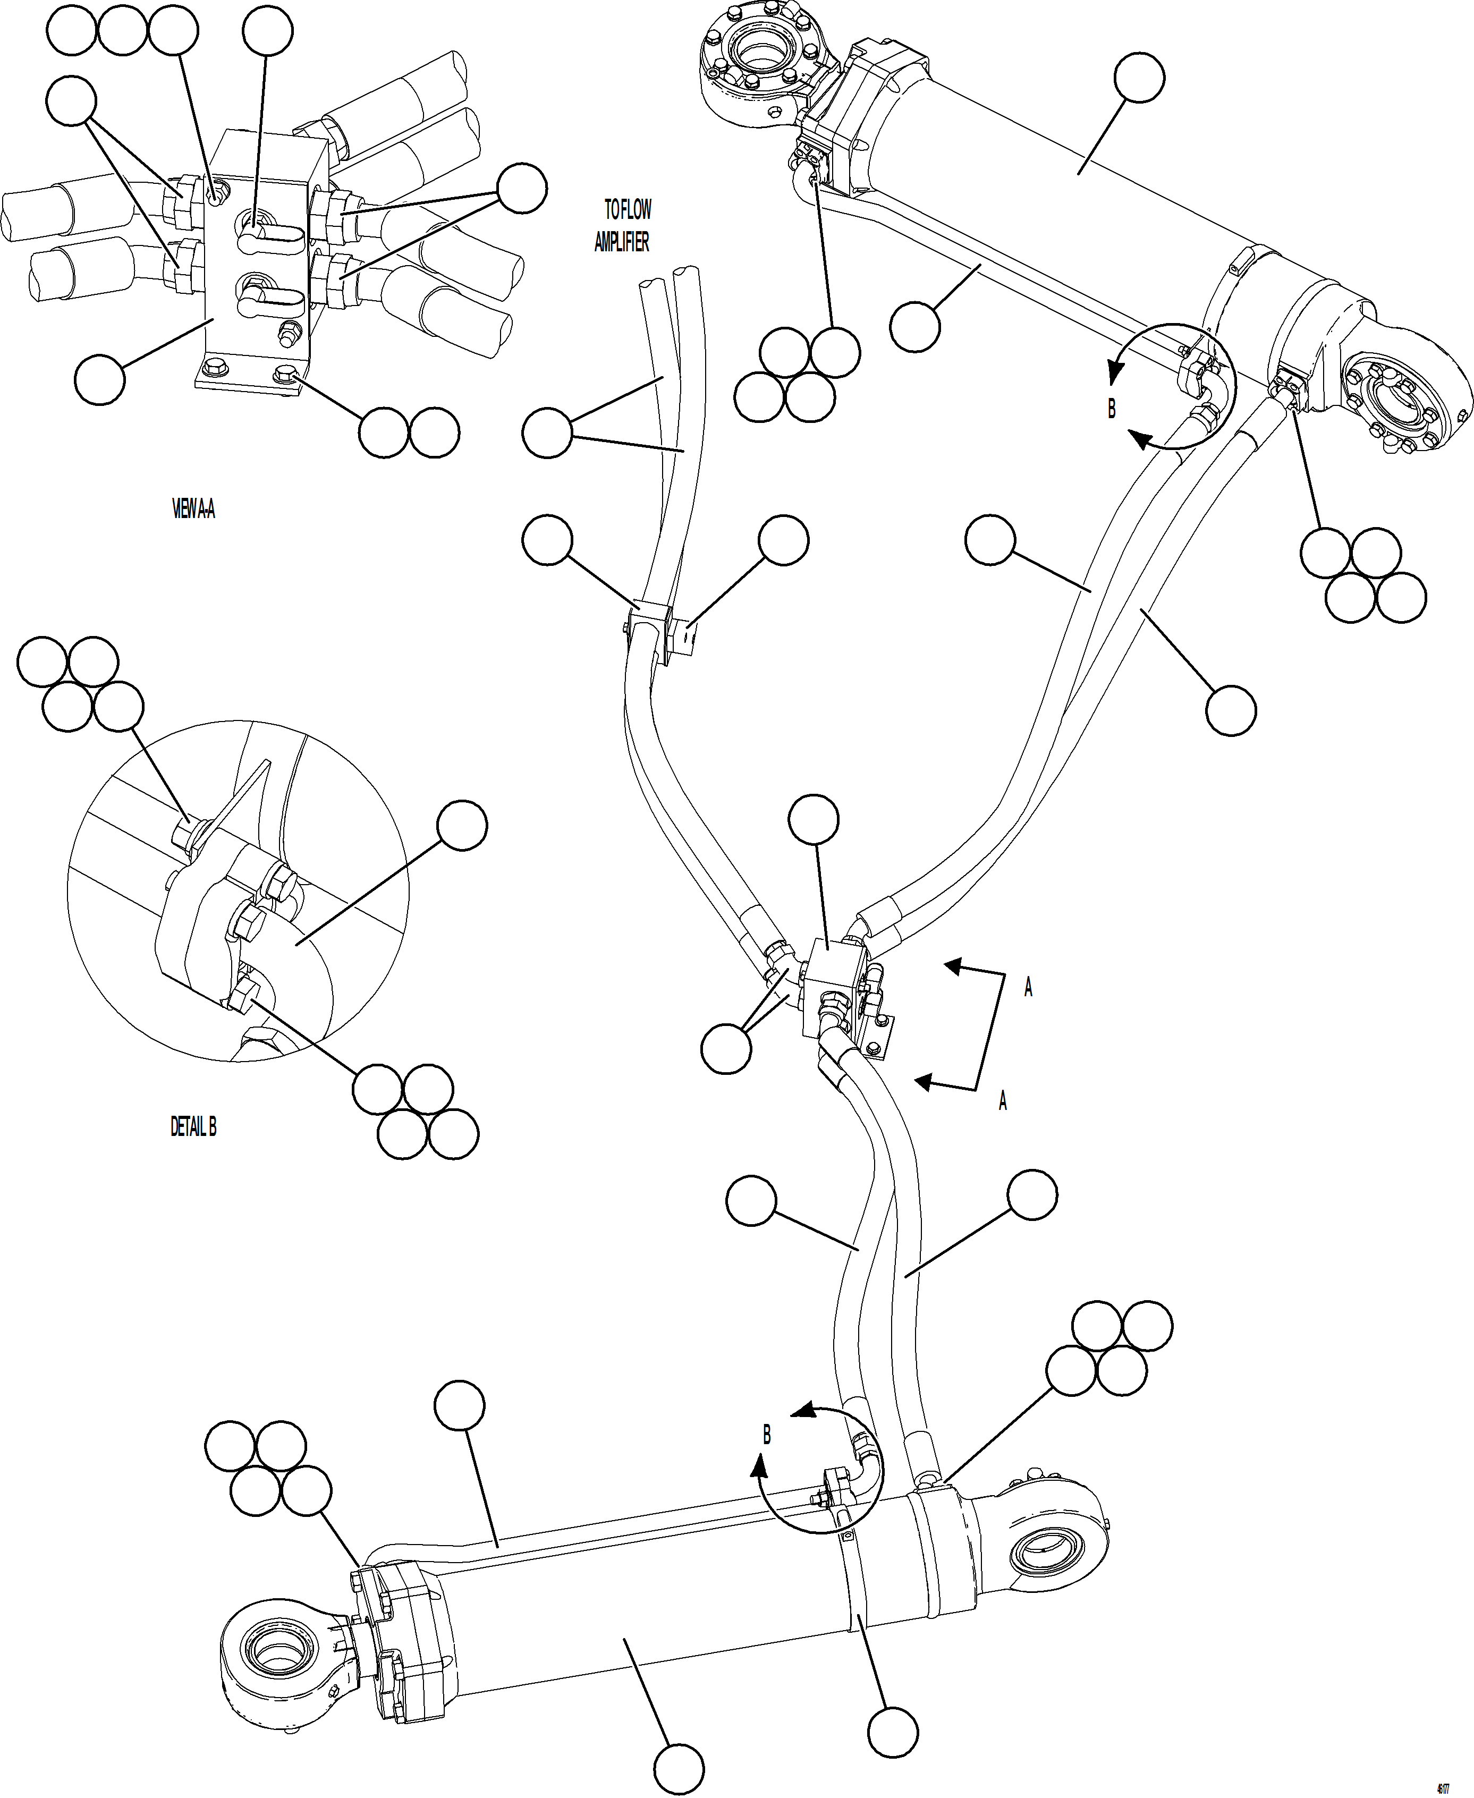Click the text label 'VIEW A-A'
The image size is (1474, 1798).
(193, 510)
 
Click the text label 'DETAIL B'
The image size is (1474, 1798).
(193, 1126)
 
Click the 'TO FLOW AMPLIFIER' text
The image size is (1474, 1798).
(623, 225)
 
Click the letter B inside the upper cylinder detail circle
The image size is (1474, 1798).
(1112, 409)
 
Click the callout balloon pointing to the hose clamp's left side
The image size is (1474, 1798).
(548, 539)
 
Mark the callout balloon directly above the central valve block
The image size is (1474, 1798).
(814, 819)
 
